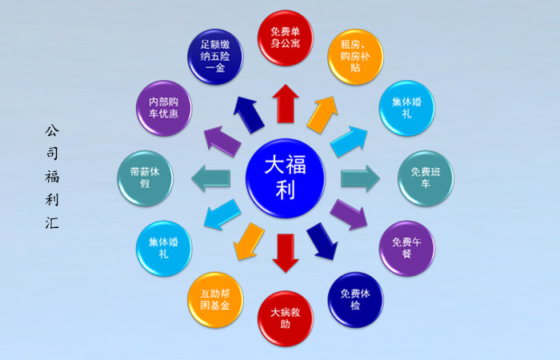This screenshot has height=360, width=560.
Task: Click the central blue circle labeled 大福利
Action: coord(286,178)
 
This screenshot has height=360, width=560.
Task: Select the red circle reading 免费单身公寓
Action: coord(286,38)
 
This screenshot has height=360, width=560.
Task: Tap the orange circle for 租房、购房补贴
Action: coord(355,57)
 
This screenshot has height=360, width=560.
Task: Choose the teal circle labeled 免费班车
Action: coord(426,178)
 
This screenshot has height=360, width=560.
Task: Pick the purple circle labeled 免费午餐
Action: coord(406,248)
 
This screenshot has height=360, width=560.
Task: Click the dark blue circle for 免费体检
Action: coord(355,300)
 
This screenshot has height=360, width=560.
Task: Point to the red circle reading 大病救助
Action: coord(286,318)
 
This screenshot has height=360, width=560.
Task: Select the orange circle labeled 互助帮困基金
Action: coord(215,300)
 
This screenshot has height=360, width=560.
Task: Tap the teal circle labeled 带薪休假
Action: coord(145,178)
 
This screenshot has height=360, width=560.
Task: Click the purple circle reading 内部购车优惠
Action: coord(164,108)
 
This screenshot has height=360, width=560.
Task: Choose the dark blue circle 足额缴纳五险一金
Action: coord(215,57)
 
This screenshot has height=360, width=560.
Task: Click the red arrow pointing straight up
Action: coord(286,104)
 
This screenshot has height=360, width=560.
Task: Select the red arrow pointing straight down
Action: coord(286,254)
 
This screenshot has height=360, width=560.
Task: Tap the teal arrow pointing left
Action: coord(210,178)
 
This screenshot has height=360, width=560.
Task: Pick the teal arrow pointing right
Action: coord(360,178)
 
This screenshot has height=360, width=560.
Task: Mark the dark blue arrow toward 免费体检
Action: coord(322,242)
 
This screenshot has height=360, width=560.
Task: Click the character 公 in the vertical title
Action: coord(52,130)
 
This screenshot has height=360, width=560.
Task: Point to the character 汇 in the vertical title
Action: coord(52,223)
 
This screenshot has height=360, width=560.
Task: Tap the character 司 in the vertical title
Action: coord(52,154)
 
